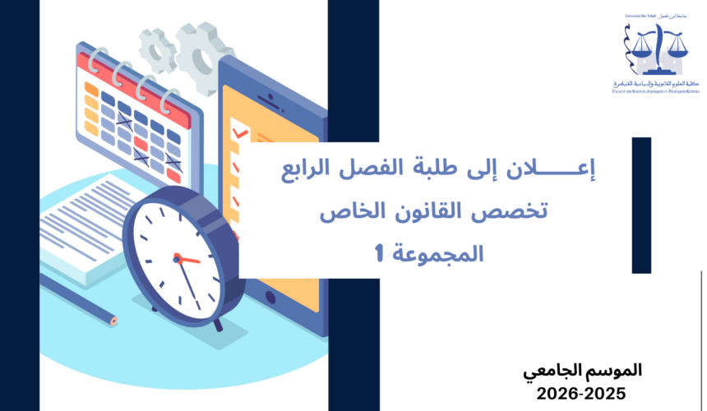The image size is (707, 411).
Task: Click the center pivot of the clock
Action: click(176, 257)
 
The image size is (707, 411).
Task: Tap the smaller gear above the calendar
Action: click(156, 49)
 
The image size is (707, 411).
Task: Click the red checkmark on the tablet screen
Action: click(240, 132)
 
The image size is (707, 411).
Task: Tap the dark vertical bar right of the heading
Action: click(641, 205)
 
